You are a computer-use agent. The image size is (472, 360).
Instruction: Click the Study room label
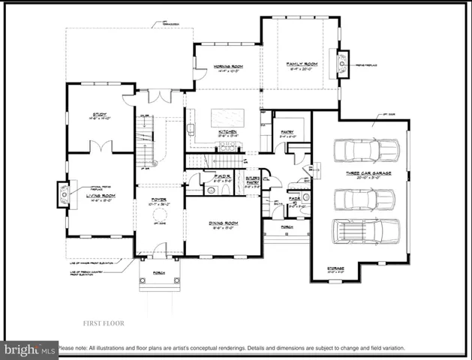[x=99, y=114]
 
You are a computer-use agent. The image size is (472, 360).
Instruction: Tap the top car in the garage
[x=365, y=150]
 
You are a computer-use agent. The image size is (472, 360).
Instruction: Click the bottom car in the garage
[x=365, y=232]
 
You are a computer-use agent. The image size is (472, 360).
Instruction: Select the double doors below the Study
[x=101, y=148]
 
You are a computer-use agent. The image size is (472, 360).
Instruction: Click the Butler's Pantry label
[x=251, y=180]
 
